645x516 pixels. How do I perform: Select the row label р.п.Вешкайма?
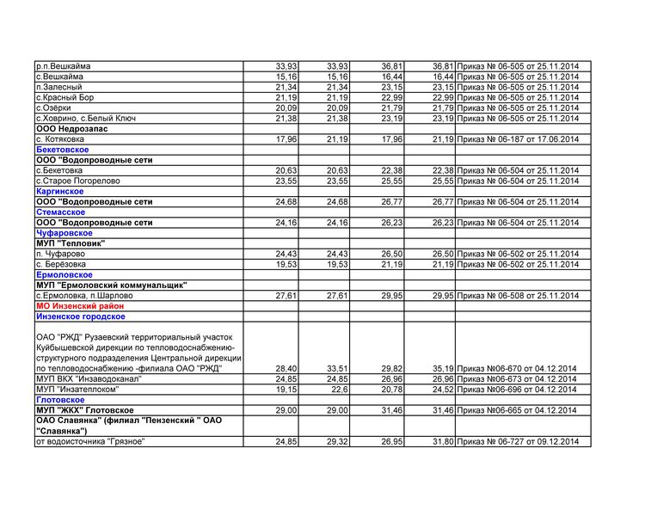click(x=64, y=66)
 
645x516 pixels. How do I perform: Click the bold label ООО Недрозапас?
click(x=71, y=128)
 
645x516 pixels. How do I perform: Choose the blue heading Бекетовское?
click(x=63, y=150)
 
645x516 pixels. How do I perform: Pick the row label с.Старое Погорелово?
click(x=78, y=181)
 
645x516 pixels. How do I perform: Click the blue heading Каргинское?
click(x=61, y=191)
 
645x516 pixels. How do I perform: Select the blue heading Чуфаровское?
click(x=64, y=233)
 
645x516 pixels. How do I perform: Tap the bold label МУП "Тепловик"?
click(x=71, y=243)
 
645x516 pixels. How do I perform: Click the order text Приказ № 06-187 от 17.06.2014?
click(x=519, y=138)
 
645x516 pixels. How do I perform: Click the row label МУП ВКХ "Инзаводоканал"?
click(x=89, y=378)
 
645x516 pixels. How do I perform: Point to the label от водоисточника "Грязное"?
click(x=90, y=441)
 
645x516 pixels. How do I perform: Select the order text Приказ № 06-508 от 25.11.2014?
click(x=519, y=295)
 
